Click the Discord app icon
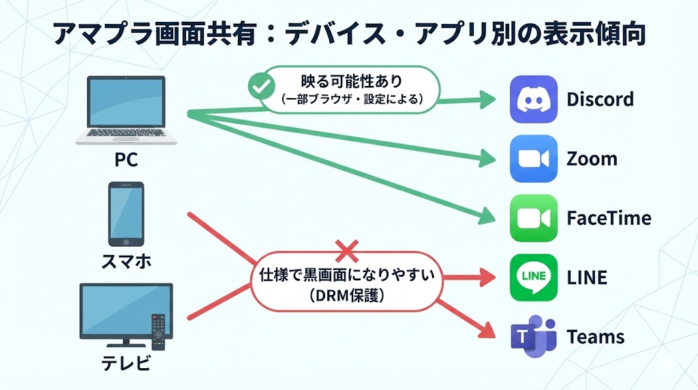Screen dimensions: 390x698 tap(534, 100)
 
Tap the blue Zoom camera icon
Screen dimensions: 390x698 tap(534, 159)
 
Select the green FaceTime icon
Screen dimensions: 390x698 tap(534, 218)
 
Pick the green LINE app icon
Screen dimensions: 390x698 tap(534, 277)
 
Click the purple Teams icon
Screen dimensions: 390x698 tap(534, 337)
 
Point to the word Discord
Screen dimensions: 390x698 tap(600, 100)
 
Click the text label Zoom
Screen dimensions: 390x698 tap(592, 160)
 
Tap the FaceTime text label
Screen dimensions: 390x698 tap(609, 218)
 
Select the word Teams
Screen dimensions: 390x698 tap(595, 337)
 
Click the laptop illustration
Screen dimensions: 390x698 tap(126, 110)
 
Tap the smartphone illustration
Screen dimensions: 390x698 tap(126, 213)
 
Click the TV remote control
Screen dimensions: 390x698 tap(158, 330)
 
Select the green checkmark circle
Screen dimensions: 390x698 tap(258, 87)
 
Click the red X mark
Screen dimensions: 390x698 tap(347, 252)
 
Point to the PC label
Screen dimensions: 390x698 tap(126, 161)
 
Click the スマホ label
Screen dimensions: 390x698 tap(126, 262)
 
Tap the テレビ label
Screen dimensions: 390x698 tap(126, 364)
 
